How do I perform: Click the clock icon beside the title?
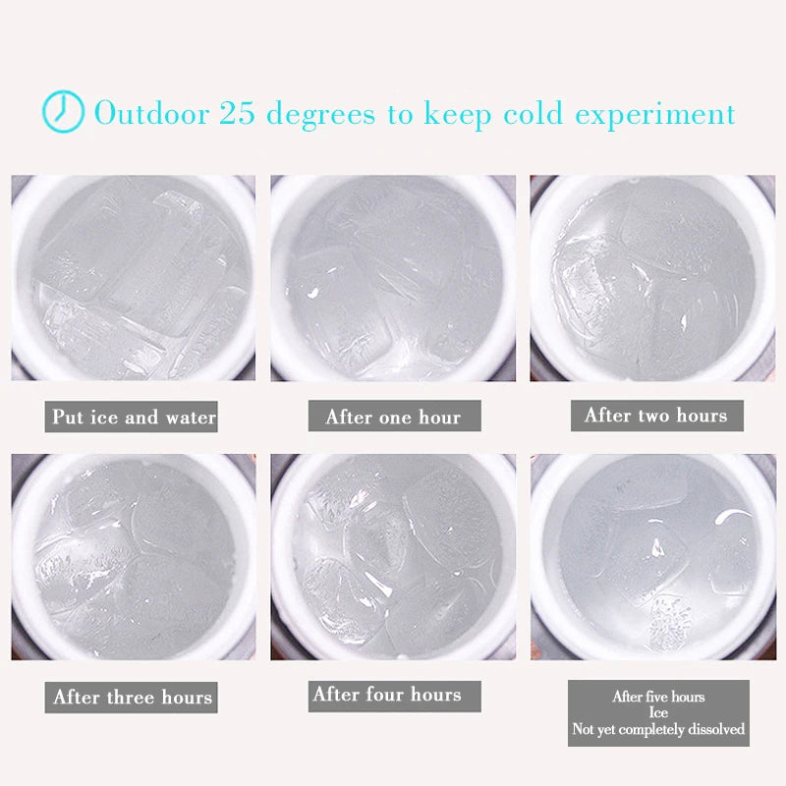pyautogui.click(x=63, y=111)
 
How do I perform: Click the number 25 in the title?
pyautogui.click(x=237, y=113)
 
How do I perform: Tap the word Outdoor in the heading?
pyautogui.click(x=152, y=113)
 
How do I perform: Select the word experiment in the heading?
pyautogui.click(x=655, y=115)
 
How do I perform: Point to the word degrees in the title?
pyautogui.click(x=320, y=114)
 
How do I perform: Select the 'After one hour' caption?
pyautogui.click(x=395, y=416)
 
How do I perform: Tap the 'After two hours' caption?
pyautogui.click(x=656, y=416)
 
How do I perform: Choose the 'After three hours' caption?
pyautogui.click(x=132, y=697)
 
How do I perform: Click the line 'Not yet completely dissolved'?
pyautogui.click(x=658, y=729)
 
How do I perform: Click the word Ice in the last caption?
pyautogui.click(x=658, y=712)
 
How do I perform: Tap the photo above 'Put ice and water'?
pyautogui.click(x=134, y=278)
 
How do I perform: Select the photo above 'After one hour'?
pyautogui.click(x=393, y=278)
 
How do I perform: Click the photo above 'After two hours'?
pyautogui.click(x=652, y=278)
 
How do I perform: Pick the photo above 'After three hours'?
pyautogui.click(x=134, y=557)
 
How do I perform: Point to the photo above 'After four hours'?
pyautogui.click(x=393, y=557)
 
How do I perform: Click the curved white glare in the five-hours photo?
pyautogui.click(x=732, y=514)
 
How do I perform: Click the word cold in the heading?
pyautogui.click(x=533, y=113)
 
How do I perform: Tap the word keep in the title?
pyautogui.click(x=458, y=115)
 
